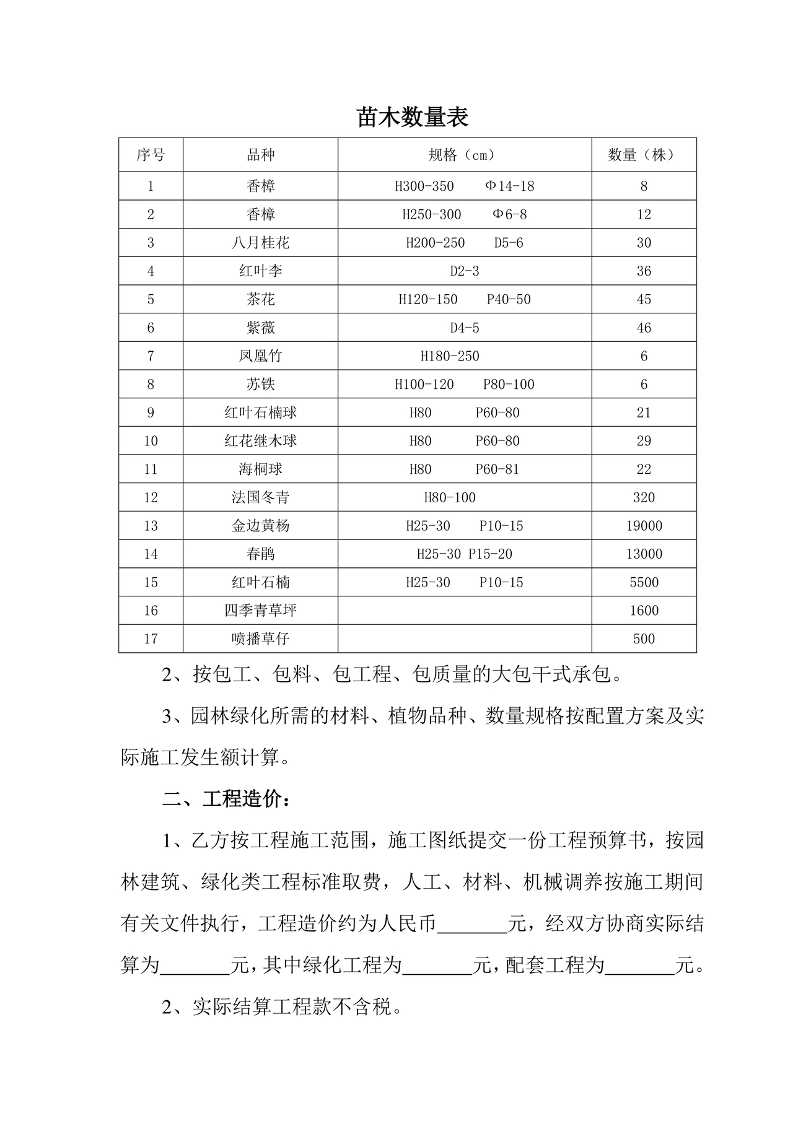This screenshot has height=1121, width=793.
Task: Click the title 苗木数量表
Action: click(x=412, y=117)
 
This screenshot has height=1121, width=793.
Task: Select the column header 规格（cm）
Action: click(x=464, y=155)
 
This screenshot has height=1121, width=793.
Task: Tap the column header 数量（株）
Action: click(x=644, y=155)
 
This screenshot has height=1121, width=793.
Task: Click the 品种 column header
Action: click(x=260, y=155)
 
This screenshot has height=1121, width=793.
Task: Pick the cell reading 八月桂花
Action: click(x=260, y=243)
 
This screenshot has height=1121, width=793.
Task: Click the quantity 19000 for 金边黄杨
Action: click(x=644, y=526)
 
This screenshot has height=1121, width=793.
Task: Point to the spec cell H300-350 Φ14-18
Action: click(x=464, y=186)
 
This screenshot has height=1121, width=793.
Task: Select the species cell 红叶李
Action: click(x=260, y=271)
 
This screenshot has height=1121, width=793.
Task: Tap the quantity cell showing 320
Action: click(x=644, y=497)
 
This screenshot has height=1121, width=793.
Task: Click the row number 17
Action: click(x=151, y=639)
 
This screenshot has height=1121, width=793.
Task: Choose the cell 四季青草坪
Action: click(x=260, y=611)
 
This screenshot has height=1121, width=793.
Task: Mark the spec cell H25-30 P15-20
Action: click(x=464, y=554)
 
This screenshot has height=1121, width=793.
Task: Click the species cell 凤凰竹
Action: click(x=260, y=356)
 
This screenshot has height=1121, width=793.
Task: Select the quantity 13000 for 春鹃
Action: click(x=644, y=554)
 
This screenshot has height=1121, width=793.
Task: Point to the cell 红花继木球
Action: click(x=260, y=441)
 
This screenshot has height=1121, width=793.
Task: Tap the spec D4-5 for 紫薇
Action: click(x=464, y=328)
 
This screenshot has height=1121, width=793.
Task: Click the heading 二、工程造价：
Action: click(x=227, y=799)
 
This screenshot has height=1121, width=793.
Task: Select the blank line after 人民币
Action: click(x=472, y=925)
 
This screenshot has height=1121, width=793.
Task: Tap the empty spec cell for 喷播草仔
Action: click(x=464, y=639)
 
